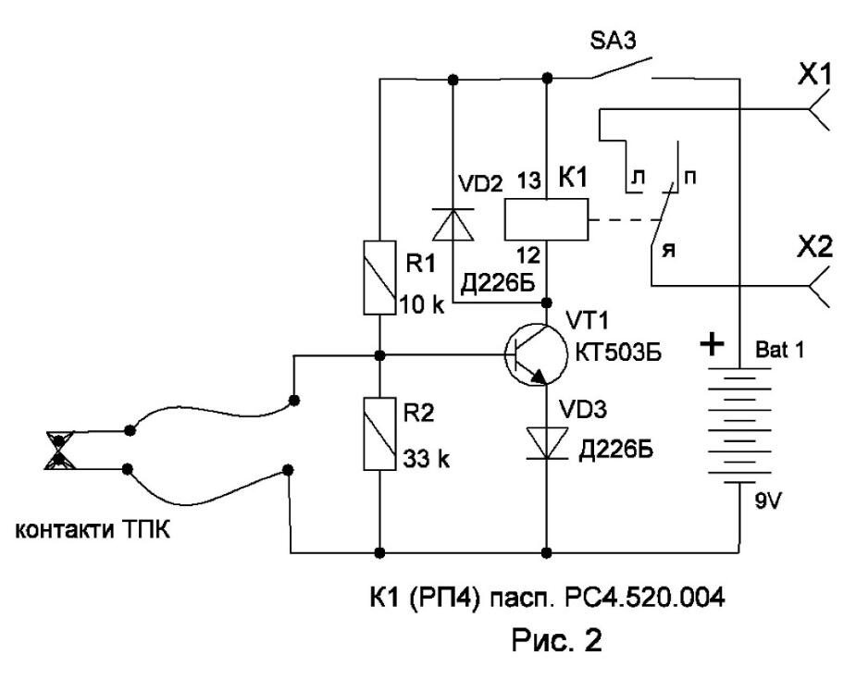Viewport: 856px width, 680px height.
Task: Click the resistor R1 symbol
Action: (379, 278)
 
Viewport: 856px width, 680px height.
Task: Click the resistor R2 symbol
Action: (379, 433)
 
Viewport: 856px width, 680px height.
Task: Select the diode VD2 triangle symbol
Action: (453, 224)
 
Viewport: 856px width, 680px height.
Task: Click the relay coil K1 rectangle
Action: (546, 219)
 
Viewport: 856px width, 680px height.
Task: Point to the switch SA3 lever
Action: (622, 68)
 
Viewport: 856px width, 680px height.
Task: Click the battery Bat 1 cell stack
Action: (739, 425)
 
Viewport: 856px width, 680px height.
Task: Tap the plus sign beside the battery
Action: (712, 345)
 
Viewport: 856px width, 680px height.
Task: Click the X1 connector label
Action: (814, 75)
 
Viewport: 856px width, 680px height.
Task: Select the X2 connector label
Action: (815, 248)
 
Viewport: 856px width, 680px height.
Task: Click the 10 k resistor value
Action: (423, 304)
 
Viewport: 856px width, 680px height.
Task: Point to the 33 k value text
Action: (427, 460)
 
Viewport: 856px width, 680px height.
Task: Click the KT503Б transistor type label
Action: (618, 353)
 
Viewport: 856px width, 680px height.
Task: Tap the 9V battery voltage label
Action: (769, 501)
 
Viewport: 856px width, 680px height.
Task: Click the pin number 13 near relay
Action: (529, 180)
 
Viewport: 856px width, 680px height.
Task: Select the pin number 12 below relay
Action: (528, 254)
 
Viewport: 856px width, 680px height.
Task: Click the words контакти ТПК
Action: (93, 530)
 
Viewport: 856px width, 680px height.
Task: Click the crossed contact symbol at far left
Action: (59, 451)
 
